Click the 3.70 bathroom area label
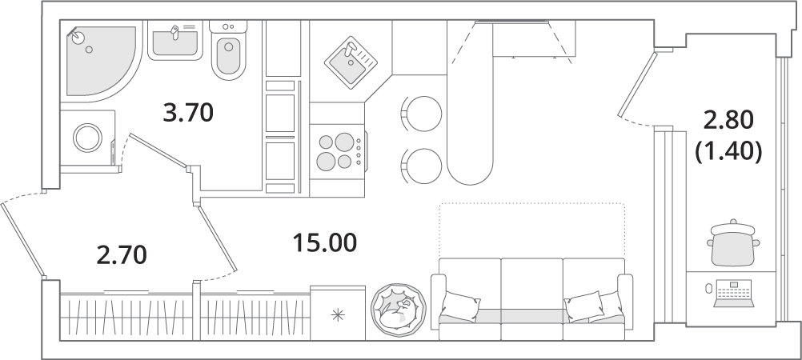[188, 113]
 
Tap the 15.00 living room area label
[324, 242]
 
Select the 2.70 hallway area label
[122, 255]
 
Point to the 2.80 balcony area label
[728, 122]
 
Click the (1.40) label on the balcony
[728, 151]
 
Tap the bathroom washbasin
[175, 42]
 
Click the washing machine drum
[89, 138]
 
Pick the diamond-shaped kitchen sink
[351, 62]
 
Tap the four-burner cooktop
[338, 152]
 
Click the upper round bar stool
[422, 114]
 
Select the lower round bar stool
[422, 166]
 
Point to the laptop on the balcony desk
[734, 294]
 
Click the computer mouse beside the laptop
[709, 289]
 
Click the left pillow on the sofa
[459, 307]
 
